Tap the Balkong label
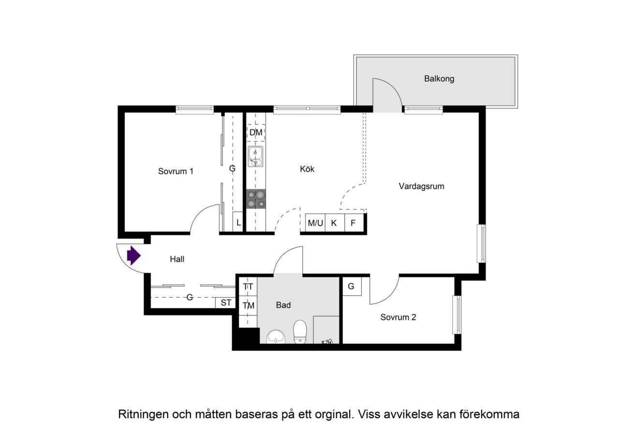pyautogui.click(x=439, y=79)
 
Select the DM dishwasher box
pyautogui.click(x=256, y=133)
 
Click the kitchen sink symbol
pyautogui.click(x=256, y=156)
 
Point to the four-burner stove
pyautogui.click(x=256, y=199)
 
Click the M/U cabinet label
pyautogui.click(x=315, y=223)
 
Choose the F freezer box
pyautogui.click(x=354, y=223)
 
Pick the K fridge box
pyautogui.click(x=335, y=223)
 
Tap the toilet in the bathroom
pyautogui.click(x=300, y=332)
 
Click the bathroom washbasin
pyautogui.click(x=276, y=336)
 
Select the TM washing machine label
pyautogui.click(x=248, y=305)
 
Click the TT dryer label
pyautogui.click(x=248, y=287)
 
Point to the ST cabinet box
pyautogui.click(x=225, y=303)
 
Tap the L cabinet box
pyautogui.click(x=238, y=222)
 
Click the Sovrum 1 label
pyautogui.click(x=176, y=171)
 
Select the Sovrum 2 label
pyautogui.click(x=398, y=317)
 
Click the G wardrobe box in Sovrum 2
pyautogui.click(x=352, y=286)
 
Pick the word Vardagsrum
pyautogui.click(x=421, y=186)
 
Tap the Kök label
pyautogui.click(x=307, y=169)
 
